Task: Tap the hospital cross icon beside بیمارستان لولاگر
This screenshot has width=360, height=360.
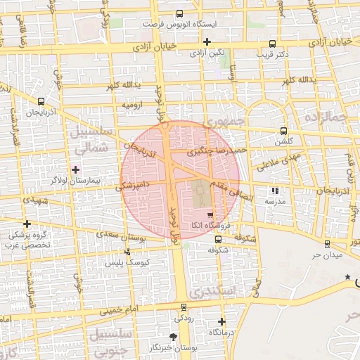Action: [x=75, y=169]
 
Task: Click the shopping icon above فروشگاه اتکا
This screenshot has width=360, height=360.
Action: [x=211, y=214]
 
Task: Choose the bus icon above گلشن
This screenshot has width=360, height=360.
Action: [x=283, y=131]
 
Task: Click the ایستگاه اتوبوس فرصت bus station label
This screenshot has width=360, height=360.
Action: [x=179, y=24]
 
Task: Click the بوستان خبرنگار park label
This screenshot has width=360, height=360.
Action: [x=174, y=348]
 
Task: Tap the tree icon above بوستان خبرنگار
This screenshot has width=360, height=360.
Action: [x=174, y=337]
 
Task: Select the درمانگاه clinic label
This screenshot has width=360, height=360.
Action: [x=221, y=332]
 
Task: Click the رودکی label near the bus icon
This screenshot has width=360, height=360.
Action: [x=184, y=318]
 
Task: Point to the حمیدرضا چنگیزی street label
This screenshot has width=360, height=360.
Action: [x=218, y=150]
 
